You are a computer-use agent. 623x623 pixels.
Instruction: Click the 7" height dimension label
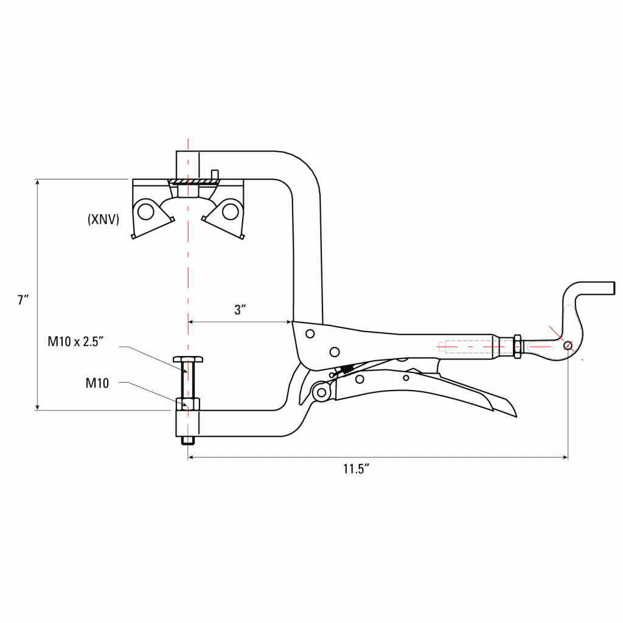pyautogui.click(x=23, y=299)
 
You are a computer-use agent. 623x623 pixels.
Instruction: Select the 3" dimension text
pyautogui.click(x=240, y=309)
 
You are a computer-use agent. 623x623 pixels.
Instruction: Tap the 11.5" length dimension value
pyautogui.click(x=356, y=469)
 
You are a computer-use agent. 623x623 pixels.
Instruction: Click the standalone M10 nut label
pyautogui.click(x=97, y=383)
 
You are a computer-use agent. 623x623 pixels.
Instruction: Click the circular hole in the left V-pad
pyautogui.click(x=145, y=211)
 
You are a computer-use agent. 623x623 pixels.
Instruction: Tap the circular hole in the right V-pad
pyautogui.click(x=229, y=211)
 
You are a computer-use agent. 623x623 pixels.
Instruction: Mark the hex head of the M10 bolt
pyautogui.click(x=189, y=359)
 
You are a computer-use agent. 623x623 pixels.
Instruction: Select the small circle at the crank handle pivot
pyautogui.click(x=568, y=346)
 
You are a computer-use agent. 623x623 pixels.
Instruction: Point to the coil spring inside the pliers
pyautogui.click(x=347, y=369)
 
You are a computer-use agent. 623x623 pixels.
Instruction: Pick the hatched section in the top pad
pyautogui.click(x=189, y=182)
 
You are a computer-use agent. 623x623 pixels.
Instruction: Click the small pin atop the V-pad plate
pyautogui.click(x=214, y=175)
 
